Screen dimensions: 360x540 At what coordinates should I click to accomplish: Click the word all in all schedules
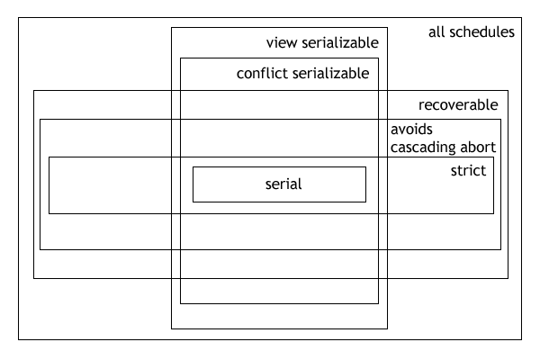[x=436, y=32]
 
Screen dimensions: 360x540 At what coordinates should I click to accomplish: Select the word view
[x=282, y=43]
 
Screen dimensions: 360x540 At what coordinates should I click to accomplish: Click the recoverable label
[x=458, y=104]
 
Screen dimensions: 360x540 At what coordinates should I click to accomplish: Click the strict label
[x=468, y=170]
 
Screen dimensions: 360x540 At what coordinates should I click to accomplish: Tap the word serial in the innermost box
[x=283, y=184]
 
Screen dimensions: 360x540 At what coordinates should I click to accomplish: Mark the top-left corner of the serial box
[x=193, y=167]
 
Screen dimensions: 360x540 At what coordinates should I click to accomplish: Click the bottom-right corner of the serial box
[x=365, y=201]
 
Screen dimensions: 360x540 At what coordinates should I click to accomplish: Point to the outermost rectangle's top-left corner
[x=19, y=18]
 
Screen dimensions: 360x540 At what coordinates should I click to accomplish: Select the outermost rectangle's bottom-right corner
[x=523, y=339]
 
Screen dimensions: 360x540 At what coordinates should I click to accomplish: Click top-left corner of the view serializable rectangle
[x=172, y=28]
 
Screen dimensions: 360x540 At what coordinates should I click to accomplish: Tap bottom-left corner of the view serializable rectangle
[x=172, y=328]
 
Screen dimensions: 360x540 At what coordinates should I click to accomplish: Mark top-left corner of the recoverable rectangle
[x=34, y=90]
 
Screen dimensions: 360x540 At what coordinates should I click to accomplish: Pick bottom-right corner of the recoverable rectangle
[x=508, y=278]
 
